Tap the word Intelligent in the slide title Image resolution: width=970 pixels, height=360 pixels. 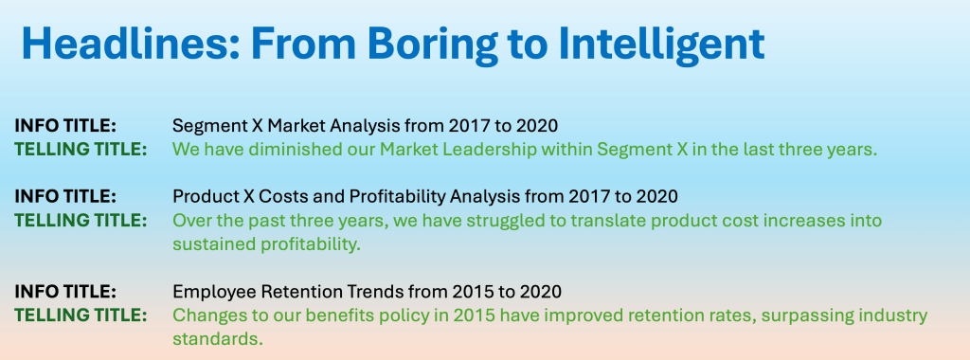click(660, 44)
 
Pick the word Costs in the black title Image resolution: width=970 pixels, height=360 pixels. click(265, 197)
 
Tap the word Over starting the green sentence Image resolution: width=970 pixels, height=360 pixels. click(191, 220)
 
